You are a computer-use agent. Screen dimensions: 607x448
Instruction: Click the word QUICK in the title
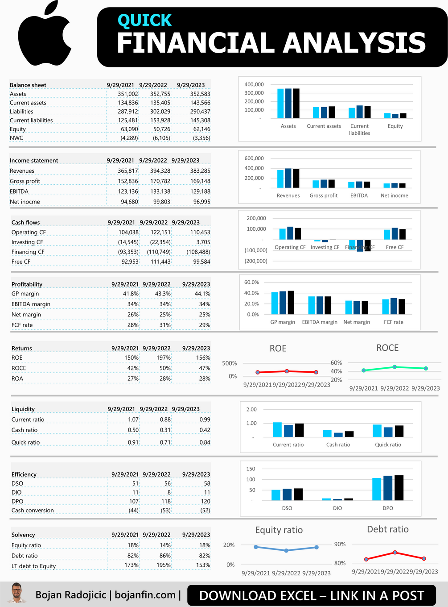pos(144,21)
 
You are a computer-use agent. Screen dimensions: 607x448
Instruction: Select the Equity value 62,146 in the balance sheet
pos(201,129)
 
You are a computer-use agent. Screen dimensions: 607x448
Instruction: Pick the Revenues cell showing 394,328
pos(160,171)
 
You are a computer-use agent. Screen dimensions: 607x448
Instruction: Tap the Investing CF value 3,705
pos(203,242)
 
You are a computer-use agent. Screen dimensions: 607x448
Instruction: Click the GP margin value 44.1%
pos(202,294)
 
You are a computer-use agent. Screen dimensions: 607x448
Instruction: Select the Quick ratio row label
pos(25,442)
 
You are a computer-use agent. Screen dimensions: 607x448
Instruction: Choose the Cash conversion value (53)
pos(165,511)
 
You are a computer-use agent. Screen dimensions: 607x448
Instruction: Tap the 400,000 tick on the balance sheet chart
pos(254,84)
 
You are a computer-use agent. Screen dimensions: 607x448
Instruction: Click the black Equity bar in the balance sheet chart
pos(403,116)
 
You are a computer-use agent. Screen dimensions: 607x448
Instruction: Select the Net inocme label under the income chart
pos(394,195)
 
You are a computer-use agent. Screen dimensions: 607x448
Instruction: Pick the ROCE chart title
pos(387,348)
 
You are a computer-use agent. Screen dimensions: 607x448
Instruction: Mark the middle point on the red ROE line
pos(287,371)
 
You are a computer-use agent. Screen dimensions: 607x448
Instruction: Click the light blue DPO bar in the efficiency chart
pos(377,489)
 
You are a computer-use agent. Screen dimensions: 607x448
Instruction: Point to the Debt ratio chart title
pos(387,529)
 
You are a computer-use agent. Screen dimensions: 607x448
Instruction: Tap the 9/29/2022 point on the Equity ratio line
pos(286,550)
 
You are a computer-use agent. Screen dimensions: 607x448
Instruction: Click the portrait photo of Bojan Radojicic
pos(16,593)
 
